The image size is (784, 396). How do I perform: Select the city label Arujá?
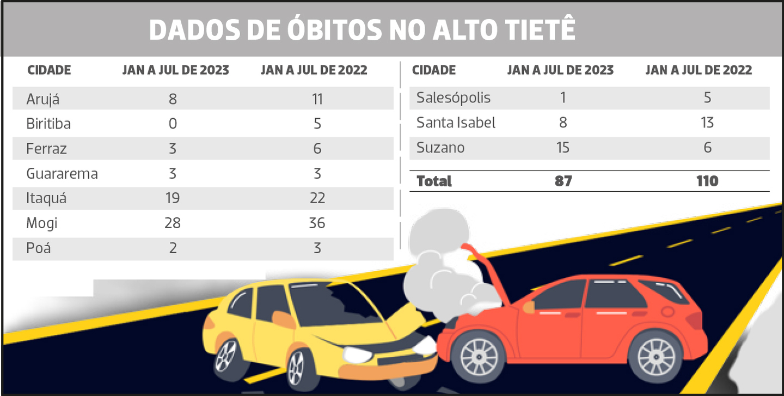[42, 99]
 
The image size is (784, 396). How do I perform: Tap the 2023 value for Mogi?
[173, 223]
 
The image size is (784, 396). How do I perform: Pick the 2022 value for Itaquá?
[317, 198]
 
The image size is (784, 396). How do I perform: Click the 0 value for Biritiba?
[173, 124]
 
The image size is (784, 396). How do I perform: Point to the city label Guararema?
[62, 174]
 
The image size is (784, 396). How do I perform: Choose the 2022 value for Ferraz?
[317, 149]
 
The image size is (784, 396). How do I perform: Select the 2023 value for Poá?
[173, 248]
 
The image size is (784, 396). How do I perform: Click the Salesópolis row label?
[453, 98]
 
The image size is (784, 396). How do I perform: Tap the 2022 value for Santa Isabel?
[707, 123]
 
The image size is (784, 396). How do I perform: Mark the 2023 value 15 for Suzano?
[563, 148]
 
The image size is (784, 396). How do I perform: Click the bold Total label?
[434, 181]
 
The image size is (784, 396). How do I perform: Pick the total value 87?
[563, 181]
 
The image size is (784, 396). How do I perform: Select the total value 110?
[707, 181]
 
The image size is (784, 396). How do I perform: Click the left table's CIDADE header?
[49, 70]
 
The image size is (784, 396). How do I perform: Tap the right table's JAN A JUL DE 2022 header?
[699, 70]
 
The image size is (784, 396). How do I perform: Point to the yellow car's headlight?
[354, 355]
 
